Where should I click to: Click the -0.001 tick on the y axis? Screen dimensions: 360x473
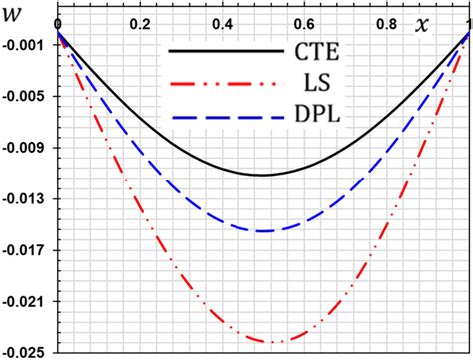26,46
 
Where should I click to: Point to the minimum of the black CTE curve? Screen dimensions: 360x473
263,175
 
